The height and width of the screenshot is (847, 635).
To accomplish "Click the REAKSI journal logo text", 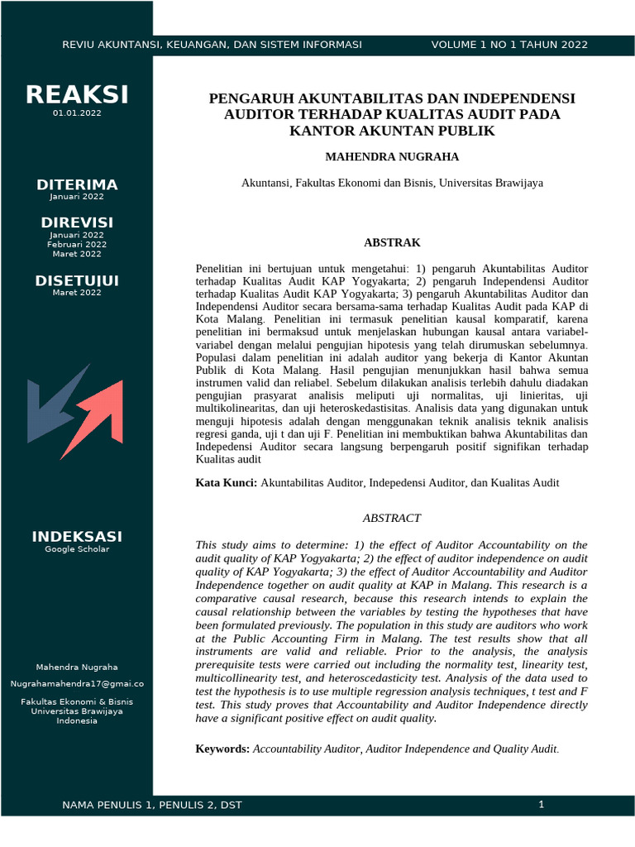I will click(x=77, y=95).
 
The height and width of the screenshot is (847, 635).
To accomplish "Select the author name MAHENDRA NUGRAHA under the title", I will click(x=392, y=156).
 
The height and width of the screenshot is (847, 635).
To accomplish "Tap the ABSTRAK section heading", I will click(x=392, y=242).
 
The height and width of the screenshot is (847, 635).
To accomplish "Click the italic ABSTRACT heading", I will click(x=392, y=518).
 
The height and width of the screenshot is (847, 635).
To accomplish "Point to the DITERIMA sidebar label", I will click(x=77, y=184).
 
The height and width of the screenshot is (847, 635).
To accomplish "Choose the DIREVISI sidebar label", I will click(x=77, y=223).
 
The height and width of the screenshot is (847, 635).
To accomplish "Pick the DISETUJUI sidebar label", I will click(x=77, y=281).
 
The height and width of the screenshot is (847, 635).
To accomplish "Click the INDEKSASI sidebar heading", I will click(x=77, y=537).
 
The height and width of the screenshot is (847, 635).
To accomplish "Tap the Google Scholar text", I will click(x=77, y=549).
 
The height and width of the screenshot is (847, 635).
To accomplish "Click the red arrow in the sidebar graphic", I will click(x=96, y=414).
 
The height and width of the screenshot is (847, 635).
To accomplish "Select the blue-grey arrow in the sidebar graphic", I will click(x=54, y=405).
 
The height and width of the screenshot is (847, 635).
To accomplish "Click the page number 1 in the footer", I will click(x=541, y=804).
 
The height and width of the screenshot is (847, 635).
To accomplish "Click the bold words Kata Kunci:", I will click(x=226, y=482).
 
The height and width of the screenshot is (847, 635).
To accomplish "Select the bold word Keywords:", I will click(x=222, y=749).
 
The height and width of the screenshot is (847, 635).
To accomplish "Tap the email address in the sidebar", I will click(x=77, y=684).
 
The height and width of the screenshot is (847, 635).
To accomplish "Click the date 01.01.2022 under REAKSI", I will click(x=77, y=112).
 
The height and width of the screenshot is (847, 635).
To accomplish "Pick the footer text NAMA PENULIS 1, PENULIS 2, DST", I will click(x=152, y=805).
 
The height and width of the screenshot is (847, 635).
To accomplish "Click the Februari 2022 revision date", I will click(x=77, y=244).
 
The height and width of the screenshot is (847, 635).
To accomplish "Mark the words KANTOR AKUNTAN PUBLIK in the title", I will click(x=392, y=130).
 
